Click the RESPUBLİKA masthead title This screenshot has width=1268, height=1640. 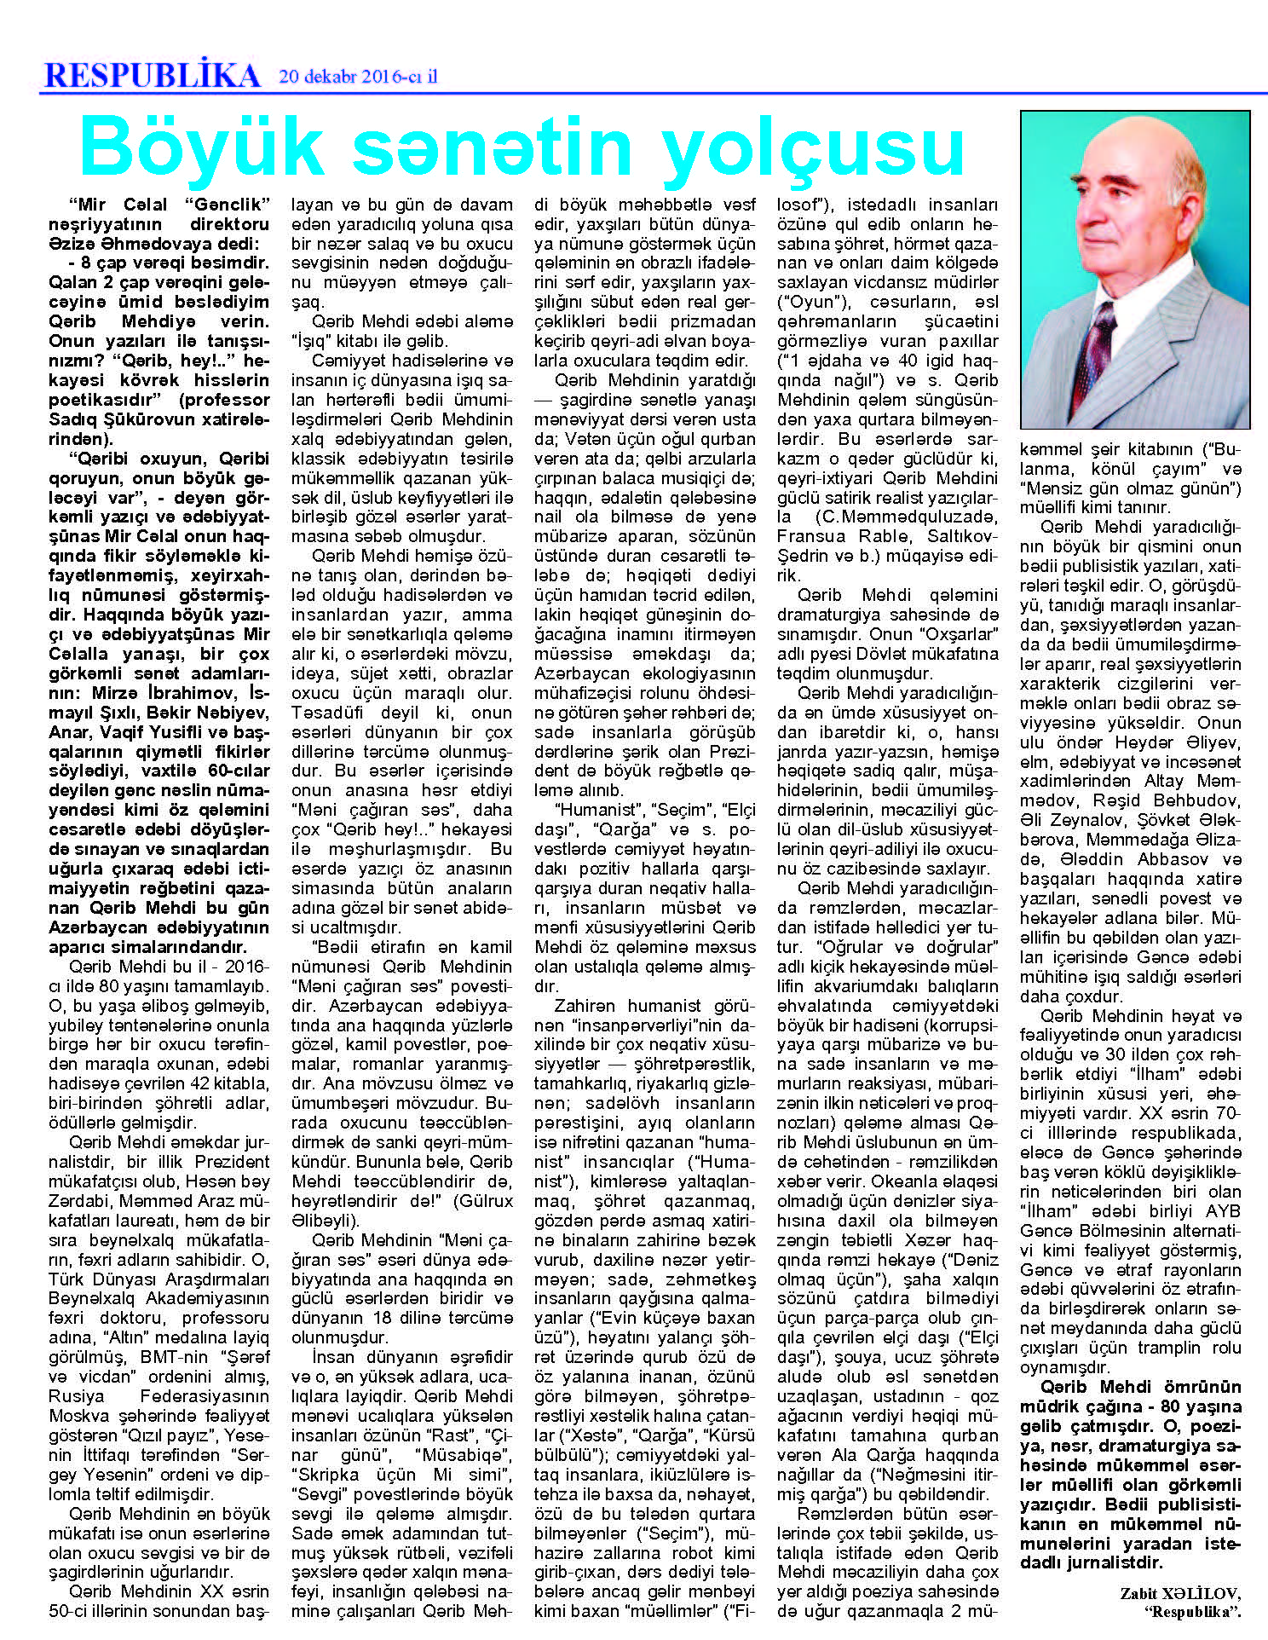(152, 75)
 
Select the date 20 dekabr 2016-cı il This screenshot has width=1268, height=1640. (358, 76)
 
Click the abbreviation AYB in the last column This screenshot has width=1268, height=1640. (1223, 1211)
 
